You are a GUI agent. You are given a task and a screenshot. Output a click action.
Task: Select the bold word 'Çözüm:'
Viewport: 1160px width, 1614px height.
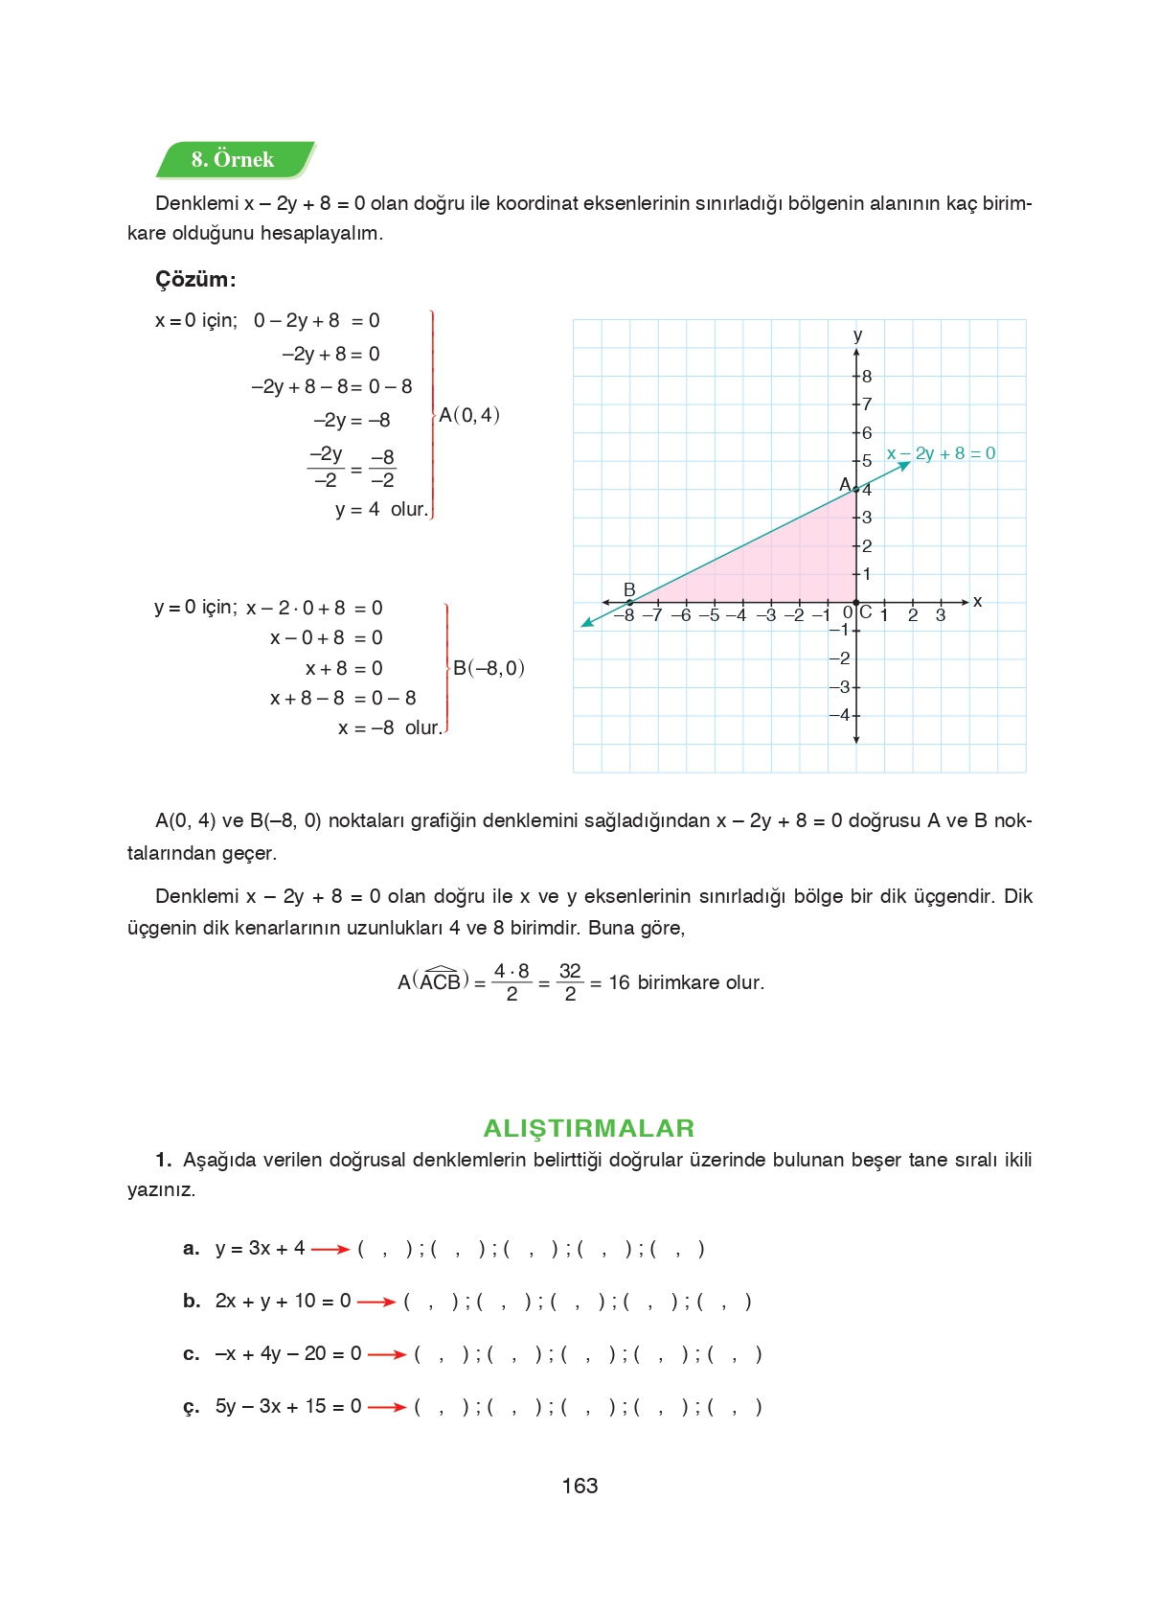(195, 280)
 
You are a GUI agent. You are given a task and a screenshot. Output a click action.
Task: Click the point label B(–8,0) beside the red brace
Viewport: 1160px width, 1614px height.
(489, 668)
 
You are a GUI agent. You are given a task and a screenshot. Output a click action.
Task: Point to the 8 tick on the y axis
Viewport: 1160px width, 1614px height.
(866, 377)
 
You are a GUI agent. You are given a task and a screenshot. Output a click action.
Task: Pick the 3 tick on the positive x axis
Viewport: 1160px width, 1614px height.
(941, 615)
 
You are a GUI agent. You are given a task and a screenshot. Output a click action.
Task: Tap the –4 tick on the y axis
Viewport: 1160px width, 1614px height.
(840, 715)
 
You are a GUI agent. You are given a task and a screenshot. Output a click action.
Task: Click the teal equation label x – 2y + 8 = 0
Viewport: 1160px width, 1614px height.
(941, 453)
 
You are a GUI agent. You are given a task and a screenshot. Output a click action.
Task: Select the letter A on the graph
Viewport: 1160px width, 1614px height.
(845, 484)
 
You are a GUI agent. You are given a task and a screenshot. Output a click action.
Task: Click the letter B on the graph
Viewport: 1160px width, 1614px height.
(629, 589)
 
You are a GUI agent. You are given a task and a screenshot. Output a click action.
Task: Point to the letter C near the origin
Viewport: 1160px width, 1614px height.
(866, 611)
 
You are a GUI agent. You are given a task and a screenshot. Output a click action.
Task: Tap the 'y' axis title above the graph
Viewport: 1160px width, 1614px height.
(857, 335)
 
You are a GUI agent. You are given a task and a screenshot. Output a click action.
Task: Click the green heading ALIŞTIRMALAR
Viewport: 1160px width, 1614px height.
(588, 1128)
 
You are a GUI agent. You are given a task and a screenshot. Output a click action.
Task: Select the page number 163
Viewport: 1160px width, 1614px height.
(580, 1486)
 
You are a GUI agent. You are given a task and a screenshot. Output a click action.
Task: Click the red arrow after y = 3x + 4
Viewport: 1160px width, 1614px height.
(330, 1249)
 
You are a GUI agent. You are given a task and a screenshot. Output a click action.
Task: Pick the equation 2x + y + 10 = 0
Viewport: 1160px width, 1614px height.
(283, 1301)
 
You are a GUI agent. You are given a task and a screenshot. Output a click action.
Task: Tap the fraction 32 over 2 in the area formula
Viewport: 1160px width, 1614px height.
(570, 982)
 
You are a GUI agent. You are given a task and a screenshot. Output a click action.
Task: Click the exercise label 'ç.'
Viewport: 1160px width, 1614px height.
(192, 1407)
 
